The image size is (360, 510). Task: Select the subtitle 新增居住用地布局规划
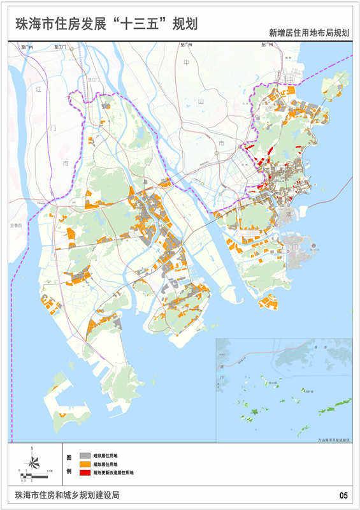[309, 33]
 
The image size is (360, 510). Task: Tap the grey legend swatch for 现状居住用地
[85, 456]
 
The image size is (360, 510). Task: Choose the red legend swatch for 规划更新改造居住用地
[85, 474]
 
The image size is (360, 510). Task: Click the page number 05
[343, 495]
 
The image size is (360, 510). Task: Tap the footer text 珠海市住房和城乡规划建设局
[64, 495]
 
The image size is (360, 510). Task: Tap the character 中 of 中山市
[187, 62]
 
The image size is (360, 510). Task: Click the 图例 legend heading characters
[69, 466]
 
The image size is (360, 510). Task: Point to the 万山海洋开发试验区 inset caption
[333, 439]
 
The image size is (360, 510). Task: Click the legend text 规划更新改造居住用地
[113, 474]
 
